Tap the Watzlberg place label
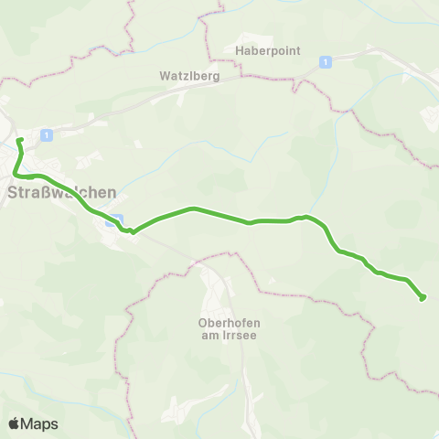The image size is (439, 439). (x=187, y=77)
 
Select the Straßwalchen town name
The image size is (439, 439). (x=61, y=193)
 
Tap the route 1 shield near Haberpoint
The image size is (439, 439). (x=325, y=61)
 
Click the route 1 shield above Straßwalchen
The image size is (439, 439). (x=47, y=134)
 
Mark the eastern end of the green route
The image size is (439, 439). (x=422, y=297)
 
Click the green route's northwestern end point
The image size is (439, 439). (x=19, y=140)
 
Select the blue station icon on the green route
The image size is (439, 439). (x=112, y=220)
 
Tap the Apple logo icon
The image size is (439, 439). (x=14, y=423)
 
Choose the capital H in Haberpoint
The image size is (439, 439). (x=240, y=51)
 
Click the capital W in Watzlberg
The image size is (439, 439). (x=161, y=77)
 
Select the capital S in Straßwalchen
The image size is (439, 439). (x=13, y=193)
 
